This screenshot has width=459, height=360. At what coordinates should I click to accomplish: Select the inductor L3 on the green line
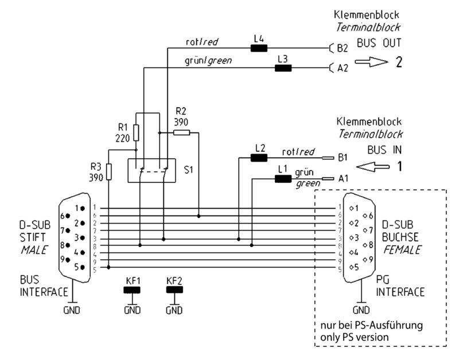coord(283,68)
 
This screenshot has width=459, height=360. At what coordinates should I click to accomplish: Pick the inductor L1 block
coord(283,179)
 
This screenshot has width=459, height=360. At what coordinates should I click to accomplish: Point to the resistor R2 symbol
coord(181,133)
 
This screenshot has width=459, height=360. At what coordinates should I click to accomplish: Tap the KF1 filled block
coord(133,290)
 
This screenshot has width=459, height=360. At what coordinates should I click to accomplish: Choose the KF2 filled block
coord(174,290)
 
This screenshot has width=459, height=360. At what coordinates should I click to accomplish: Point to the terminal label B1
coord(343,156)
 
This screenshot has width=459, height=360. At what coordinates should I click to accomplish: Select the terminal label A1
coord(343,179)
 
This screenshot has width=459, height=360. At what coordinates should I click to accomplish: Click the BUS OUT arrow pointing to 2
coord(371,62)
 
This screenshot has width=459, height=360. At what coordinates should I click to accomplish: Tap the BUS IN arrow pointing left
coord(374,167)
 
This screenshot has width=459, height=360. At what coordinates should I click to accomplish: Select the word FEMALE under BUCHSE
coord(402,251)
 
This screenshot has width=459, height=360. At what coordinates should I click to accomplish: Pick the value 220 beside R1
coord(123,138)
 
